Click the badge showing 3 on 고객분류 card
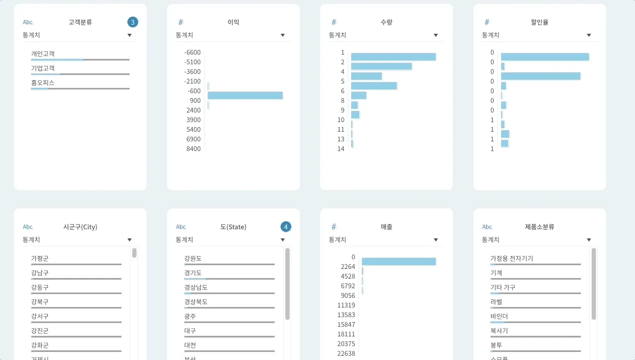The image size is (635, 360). tap(133, 22)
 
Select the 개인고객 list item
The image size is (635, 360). tap(43, 54)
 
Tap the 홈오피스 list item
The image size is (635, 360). tap(43, 83)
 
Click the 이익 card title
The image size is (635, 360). tap(233, 22)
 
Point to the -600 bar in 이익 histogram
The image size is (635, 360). tap(245, 95)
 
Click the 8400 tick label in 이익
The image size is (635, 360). tap(194, 148)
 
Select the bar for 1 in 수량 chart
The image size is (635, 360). tap(393, 57)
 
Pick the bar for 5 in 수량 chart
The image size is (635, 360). tap(374, 86)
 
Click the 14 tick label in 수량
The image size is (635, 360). tap(341, 148)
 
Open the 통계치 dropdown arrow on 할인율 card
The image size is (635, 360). tap(589, 35)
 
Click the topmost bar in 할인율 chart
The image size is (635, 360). tap(545, 57)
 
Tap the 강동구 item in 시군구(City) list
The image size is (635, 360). tap(40, 287)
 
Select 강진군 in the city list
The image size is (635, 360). tap(40, 331)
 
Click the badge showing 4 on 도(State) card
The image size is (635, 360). tap(286, 227)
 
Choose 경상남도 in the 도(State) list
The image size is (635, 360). tap(196, 287)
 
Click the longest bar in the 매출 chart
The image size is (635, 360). tap(398, 261)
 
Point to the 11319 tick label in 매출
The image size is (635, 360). tap(346, 305)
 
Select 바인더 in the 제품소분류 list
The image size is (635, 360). tap(499, 316)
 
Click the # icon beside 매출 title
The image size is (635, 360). tap(334, 227)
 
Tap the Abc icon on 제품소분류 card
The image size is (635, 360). tap(487, 227)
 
